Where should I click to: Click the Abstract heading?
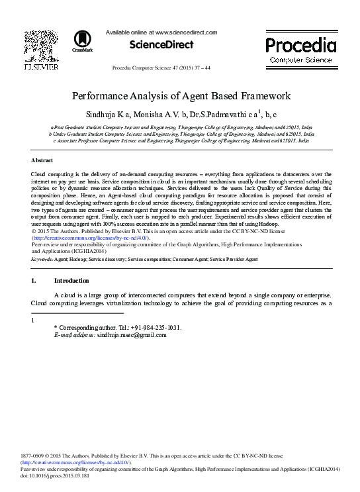[42, 161]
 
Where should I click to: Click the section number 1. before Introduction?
[34, 281]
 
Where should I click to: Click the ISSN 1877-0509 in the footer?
[46, 456]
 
